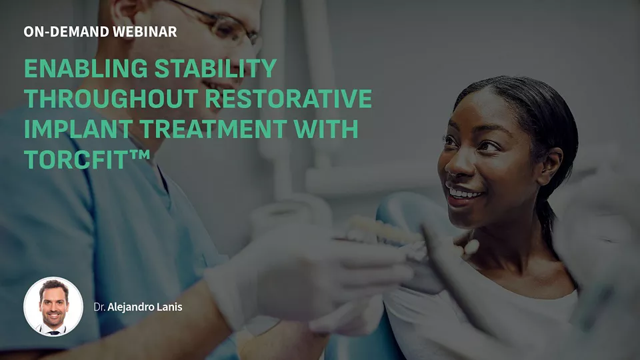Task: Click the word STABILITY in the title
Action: pyautogui.click(x=216, y=68)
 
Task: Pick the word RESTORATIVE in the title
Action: pyautogui.click(x=289, y=99)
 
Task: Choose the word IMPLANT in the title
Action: pyautogui.click(x=77, y=129)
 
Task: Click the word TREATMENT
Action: pyautogui.click(x=213, y=129)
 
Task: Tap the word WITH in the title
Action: pyautogui.click(x=326, y=129)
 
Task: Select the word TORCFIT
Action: pyautogui.click(x=76, y=159)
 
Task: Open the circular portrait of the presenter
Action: pyautogui.click(x=53, y=307)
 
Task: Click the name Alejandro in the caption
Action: pyautogui.click(x=131, y=307)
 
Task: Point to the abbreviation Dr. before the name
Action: pyautogui.click(x=99, y=307)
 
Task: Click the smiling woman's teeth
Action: pyautogui.click(x=464, y=193)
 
